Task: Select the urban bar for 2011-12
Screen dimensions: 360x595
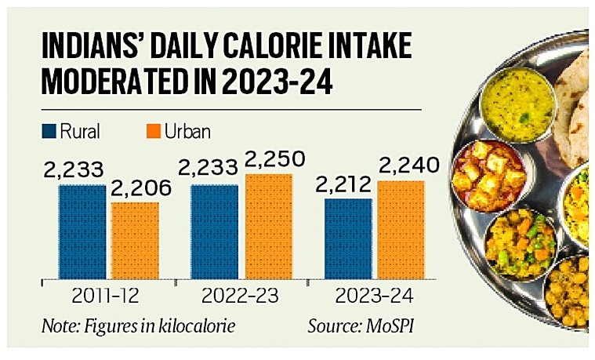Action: pyautogui.click(x=134, y=242)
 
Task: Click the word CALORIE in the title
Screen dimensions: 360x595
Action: pyautogui.click(x=263, y=48)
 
